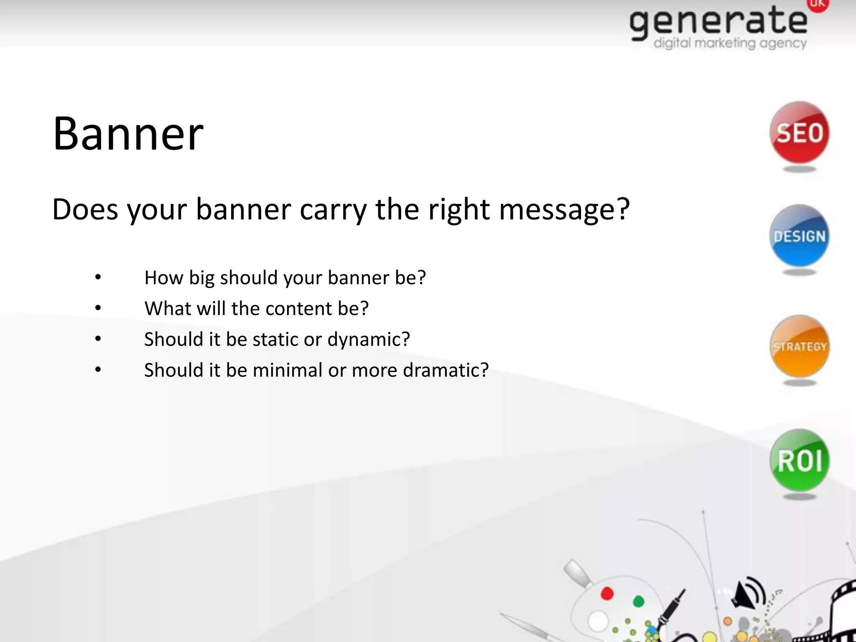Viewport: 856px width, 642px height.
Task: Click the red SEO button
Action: [x=799, y=133]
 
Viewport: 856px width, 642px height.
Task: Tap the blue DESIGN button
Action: [x=799, y=236]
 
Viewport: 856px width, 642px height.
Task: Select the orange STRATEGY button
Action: [x=799, y=346]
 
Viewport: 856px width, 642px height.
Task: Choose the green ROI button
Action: [x=799, y=460]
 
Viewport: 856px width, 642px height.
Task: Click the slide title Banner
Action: [x=128, y=134]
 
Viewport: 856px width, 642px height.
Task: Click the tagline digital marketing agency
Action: [x=730, y=43]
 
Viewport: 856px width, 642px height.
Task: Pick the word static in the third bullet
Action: [x=276, y=339]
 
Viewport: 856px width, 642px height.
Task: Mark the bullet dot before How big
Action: [x=98, y=277]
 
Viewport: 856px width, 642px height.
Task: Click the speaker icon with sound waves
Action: [x=747, y=592]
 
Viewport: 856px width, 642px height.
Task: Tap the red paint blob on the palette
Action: [x=607, y=594]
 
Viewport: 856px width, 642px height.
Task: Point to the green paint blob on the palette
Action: [x=638, y=601]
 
